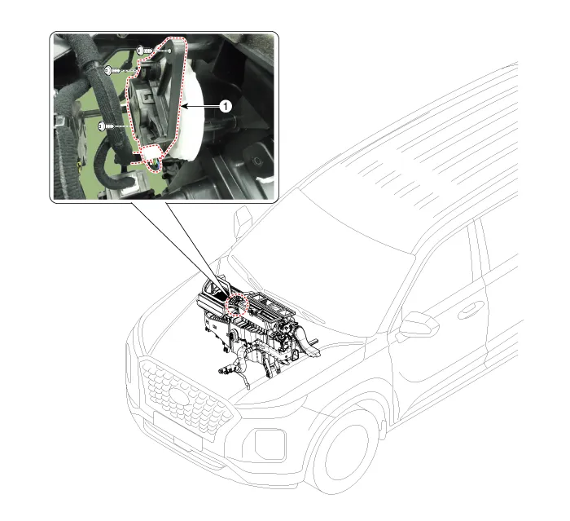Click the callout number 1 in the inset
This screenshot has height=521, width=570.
tap(227, 106)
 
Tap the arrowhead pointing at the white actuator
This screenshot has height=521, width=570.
tap(185, 106)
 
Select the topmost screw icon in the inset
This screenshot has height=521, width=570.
tap(142, 51)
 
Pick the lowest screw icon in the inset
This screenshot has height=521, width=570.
tap(103, 126)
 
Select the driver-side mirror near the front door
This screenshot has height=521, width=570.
tap(419, 325)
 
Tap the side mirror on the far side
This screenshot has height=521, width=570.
tap(243, 221)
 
